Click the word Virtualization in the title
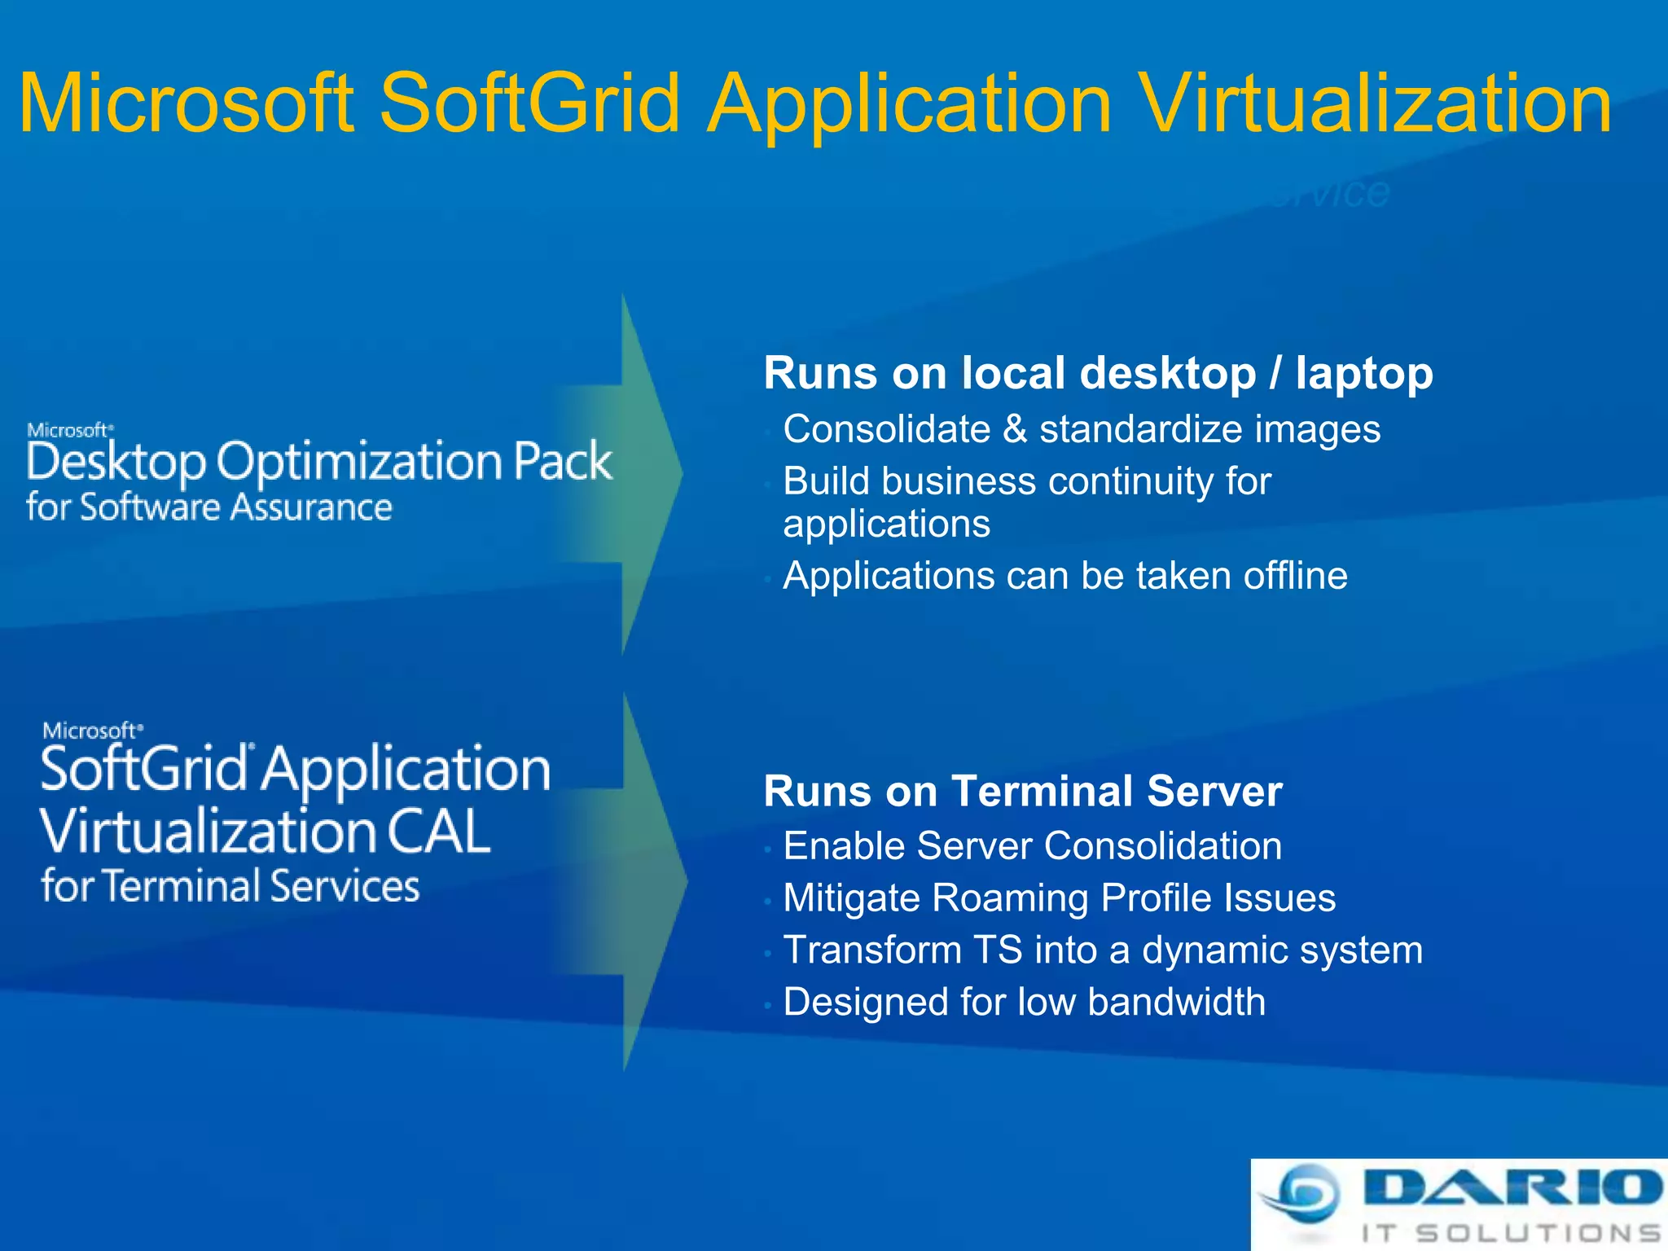pos(1376,104)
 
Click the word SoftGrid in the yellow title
pos(529,104)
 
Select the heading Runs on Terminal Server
pos(1023,791)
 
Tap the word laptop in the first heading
pos(1364,374)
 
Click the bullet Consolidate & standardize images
pos(1082,429)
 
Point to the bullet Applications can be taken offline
pos(1065,576)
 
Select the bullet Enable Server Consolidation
pos(1033,846)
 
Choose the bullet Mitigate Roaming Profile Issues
pos(1059,898)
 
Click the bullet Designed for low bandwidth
pos(1025,1002)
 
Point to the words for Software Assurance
pos(209,507)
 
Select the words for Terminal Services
pos(230,887)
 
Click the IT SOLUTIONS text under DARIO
pos(1512,1233)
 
